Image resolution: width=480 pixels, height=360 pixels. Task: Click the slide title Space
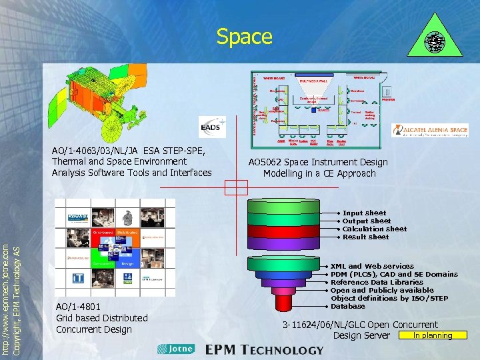244,36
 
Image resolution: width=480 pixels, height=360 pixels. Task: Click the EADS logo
213,127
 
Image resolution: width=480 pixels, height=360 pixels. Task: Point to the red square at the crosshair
235,187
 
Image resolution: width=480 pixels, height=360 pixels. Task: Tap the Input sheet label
364,213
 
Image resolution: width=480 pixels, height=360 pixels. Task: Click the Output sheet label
367,221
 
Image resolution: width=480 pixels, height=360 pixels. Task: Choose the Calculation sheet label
374,229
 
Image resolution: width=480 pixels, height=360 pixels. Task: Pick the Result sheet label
365,237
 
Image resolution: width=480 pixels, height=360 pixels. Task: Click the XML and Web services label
372,266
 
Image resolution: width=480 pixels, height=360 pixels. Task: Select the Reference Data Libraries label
377,282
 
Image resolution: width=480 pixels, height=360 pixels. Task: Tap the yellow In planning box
432,335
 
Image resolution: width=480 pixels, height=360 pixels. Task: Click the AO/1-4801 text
79,307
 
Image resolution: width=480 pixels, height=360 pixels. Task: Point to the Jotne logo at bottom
175,349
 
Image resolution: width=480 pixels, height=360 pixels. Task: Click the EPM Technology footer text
264,349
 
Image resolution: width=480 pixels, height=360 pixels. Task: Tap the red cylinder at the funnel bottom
283,303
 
